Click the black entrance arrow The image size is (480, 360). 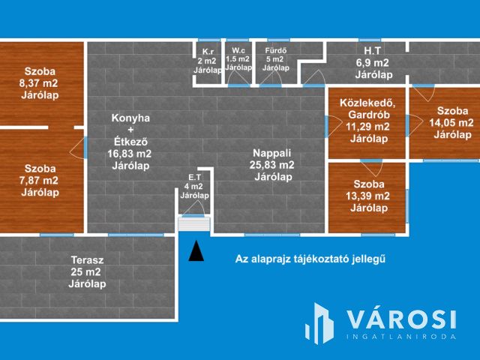(196, 251)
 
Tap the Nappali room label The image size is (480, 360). (271, 153)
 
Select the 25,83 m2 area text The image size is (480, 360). (271, 165)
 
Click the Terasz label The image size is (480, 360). (87, 260)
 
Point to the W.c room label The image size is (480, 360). (238, 50)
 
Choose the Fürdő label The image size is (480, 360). (276, 50)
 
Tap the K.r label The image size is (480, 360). (208, 52)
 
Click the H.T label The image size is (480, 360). (373, 50)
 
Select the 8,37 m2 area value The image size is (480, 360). (38, 83)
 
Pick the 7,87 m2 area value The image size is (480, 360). (38, 180)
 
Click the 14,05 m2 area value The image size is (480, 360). (451, 123)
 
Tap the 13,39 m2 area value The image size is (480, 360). (367, 196)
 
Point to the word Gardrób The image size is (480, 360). (369, 115)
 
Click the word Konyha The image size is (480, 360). (130, 118)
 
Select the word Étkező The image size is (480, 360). (130, 142)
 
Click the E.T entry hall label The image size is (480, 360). (195, 177)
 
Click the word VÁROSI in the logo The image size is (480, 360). (401, 319)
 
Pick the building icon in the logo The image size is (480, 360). (319, 323)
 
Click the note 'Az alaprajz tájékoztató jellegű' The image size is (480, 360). (310, 259)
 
